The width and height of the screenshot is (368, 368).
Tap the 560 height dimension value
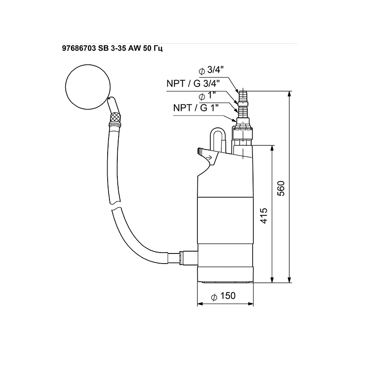(x=282, y=189)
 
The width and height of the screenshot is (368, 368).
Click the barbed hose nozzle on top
(x=243, y=97)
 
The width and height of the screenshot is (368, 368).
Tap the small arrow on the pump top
(x=210, y=158)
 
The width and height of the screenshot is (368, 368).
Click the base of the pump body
(x=225, y=275)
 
